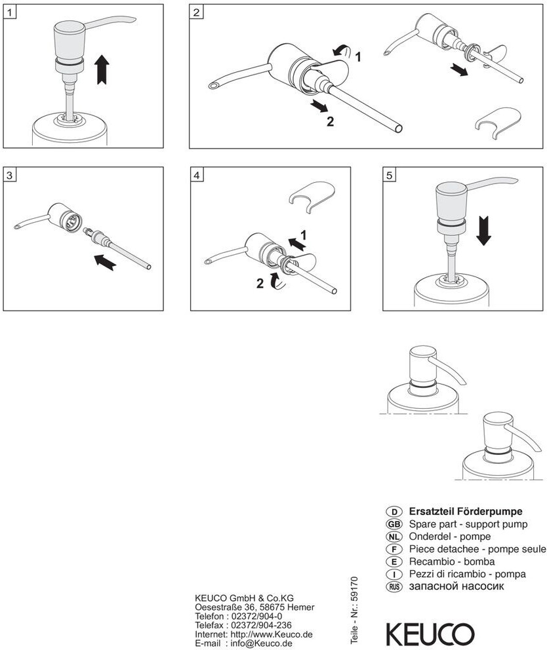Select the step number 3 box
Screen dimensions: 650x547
point(10,175)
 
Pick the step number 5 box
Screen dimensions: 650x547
point(390,175)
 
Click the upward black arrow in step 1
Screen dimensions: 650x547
point(102,69)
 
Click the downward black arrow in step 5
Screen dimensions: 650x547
point(484,231)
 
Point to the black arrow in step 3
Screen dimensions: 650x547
point(106,263)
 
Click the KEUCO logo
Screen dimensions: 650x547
point(430,634)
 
